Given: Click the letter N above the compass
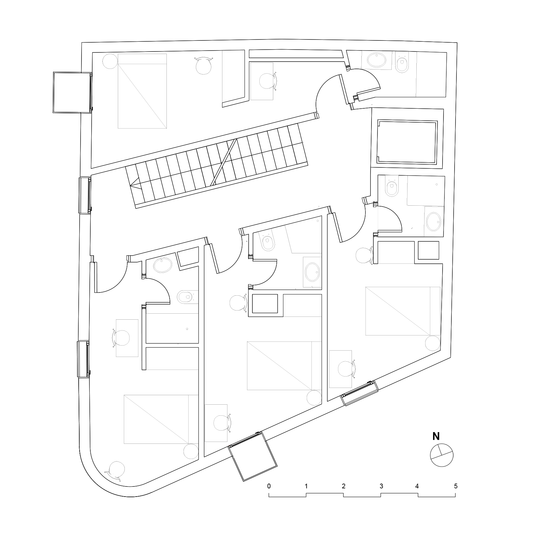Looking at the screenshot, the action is click(436, 437).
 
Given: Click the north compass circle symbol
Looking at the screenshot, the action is click(442, 455).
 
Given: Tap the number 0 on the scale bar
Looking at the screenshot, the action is click(269, 486).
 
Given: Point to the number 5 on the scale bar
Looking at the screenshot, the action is click(456, 486).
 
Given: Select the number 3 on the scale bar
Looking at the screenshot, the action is click(381, 486).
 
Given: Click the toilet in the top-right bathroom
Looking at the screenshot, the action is click(402, 64).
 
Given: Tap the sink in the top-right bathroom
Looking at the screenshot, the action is click(376, 60).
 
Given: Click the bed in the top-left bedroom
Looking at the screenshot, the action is click(142, 91).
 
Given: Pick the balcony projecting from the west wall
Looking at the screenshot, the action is click(72, 92).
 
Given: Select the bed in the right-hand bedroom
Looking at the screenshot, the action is click(403, 311).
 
